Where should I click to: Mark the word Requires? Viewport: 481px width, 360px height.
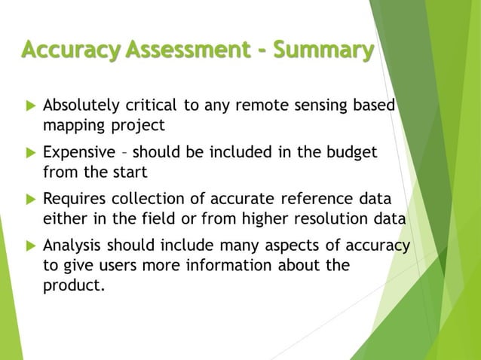pyautogui.click(x=72, y=200)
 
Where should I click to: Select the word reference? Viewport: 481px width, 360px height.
pyautogui.click(x=311, y=200)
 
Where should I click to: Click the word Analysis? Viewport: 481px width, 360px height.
pyautogui.click(x=72, y=248)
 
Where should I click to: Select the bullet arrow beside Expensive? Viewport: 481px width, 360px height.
pyautogui.click(x=29, y=153)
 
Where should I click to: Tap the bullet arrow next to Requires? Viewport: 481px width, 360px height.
pyautogui.click(x=29, y=200)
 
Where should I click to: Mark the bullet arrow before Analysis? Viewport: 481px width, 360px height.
pyautogui.click(x=29, y=248)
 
